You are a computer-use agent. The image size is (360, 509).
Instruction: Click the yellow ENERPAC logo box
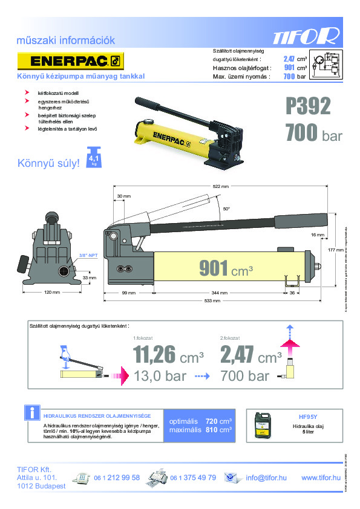(70, 61)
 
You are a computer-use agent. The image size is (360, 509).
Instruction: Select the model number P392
(309, 107)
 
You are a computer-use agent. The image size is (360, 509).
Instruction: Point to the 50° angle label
(226, 209)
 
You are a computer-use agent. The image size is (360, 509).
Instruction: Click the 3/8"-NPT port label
(88, 256)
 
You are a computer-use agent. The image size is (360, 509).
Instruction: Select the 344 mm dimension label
(219, 293)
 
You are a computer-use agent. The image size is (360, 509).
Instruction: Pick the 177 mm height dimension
(339, 249)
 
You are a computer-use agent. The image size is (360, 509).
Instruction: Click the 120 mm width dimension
(52, 293)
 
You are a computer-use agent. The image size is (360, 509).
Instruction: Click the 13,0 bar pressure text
(160, 376)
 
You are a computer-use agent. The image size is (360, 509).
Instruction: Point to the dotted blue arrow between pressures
(201, 376)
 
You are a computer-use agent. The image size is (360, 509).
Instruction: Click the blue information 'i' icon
(30, 413)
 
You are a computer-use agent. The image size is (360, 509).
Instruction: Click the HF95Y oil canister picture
(263, 423)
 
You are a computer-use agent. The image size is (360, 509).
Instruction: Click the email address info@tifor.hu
(266, 478)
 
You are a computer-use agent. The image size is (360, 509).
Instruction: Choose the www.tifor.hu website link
(321, 478)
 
